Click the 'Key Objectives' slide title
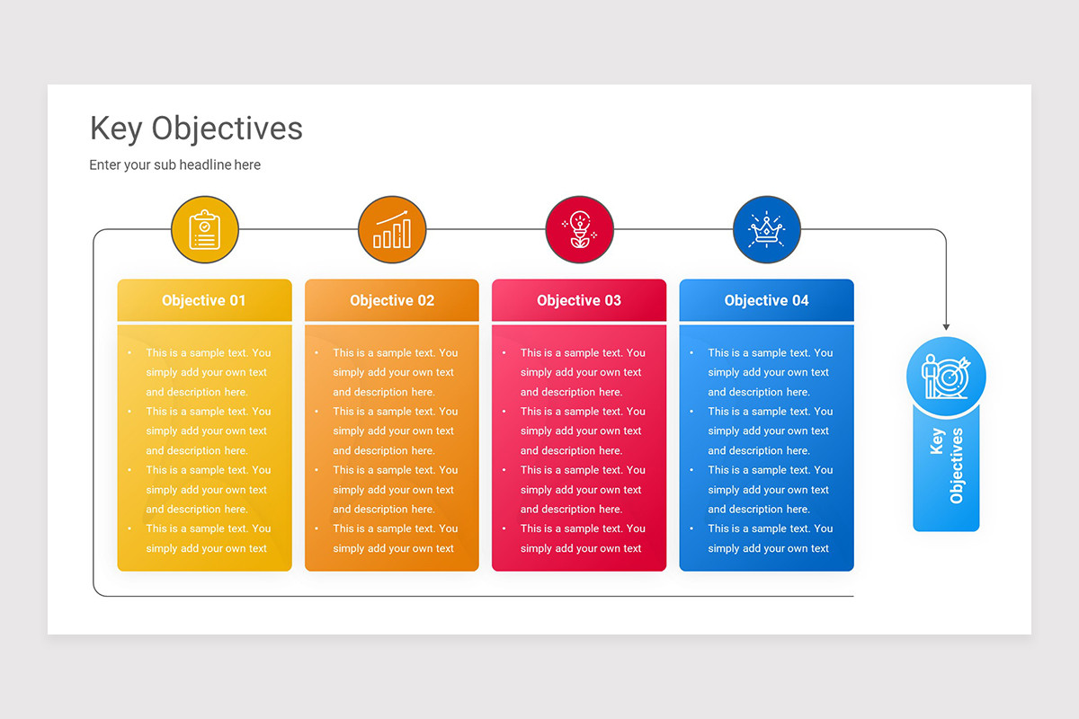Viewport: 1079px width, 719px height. tap(196, 129)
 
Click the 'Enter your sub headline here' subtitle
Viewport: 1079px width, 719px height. tap(174, 164)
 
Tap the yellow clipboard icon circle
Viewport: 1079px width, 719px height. tap(205, 230)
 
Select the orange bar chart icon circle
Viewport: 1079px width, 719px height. tap(392, 230)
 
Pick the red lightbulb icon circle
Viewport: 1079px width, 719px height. tap(580, 230)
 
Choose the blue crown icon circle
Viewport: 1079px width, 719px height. tap(767, 230)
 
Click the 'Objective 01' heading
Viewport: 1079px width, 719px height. tap(203, 301)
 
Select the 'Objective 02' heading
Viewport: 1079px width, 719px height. tap(392, 301)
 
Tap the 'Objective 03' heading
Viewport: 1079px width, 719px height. tap(579, 301)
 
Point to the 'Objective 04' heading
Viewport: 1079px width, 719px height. tap(766, 301)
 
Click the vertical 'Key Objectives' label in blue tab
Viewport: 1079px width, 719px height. tap(946, 465)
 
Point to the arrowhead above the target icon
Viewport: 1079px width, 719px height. tap(946, 326)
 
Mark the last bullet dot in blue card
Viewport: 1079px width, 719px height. tap(691, 528)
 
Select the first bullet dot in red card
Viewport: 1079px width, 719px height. tap(504, 353)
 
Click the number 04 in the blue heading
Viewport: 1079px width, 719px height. tap(798, 301)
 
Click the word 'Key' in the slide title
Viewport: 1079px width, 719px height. tap(116, 129)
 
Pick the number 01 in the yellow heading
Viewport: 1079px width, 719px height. tap(236, 301)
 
